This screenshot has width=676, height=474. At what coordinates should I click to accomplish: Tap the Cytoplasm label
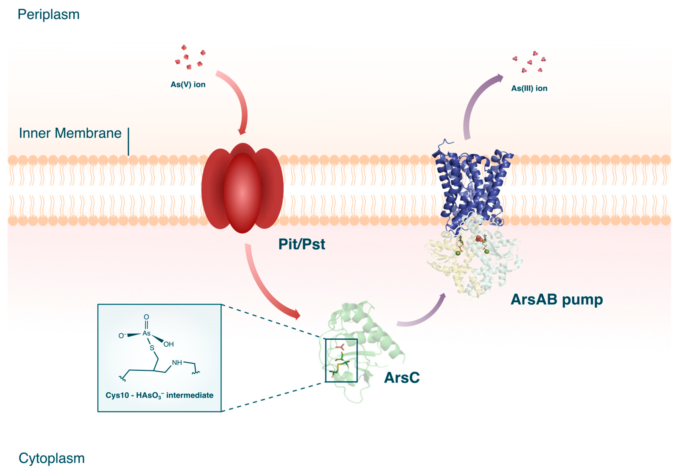click(52, 458)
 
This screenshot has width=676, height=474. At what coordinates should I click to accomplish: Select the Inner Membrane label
click(70, 133)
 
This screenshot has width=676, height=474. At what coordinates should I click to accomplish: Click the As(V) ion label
click(188, 84)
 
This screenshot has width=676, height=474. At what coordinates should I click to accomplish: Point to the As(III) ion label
click(529, 88)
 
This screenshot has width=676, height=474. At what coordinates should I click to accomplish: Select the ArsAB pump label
click(557, 300)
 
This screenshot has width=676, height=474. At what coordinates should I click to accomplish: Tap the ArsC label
click(402, 378)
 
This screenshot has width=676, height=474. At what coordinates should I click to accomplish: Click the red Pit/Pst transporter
click(242, 189)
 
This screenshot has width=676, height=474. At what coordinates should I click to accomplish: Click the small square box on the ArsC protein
click(341, 360)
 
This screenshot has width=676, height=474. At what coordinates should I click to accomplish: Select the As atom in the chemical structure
click(146, 333)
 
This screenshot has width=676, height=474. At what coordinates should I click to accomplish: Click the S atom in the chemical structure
click(152, 348)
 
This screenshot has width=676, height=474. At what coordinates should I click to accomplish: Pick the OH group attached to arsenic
click(168, 344)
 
